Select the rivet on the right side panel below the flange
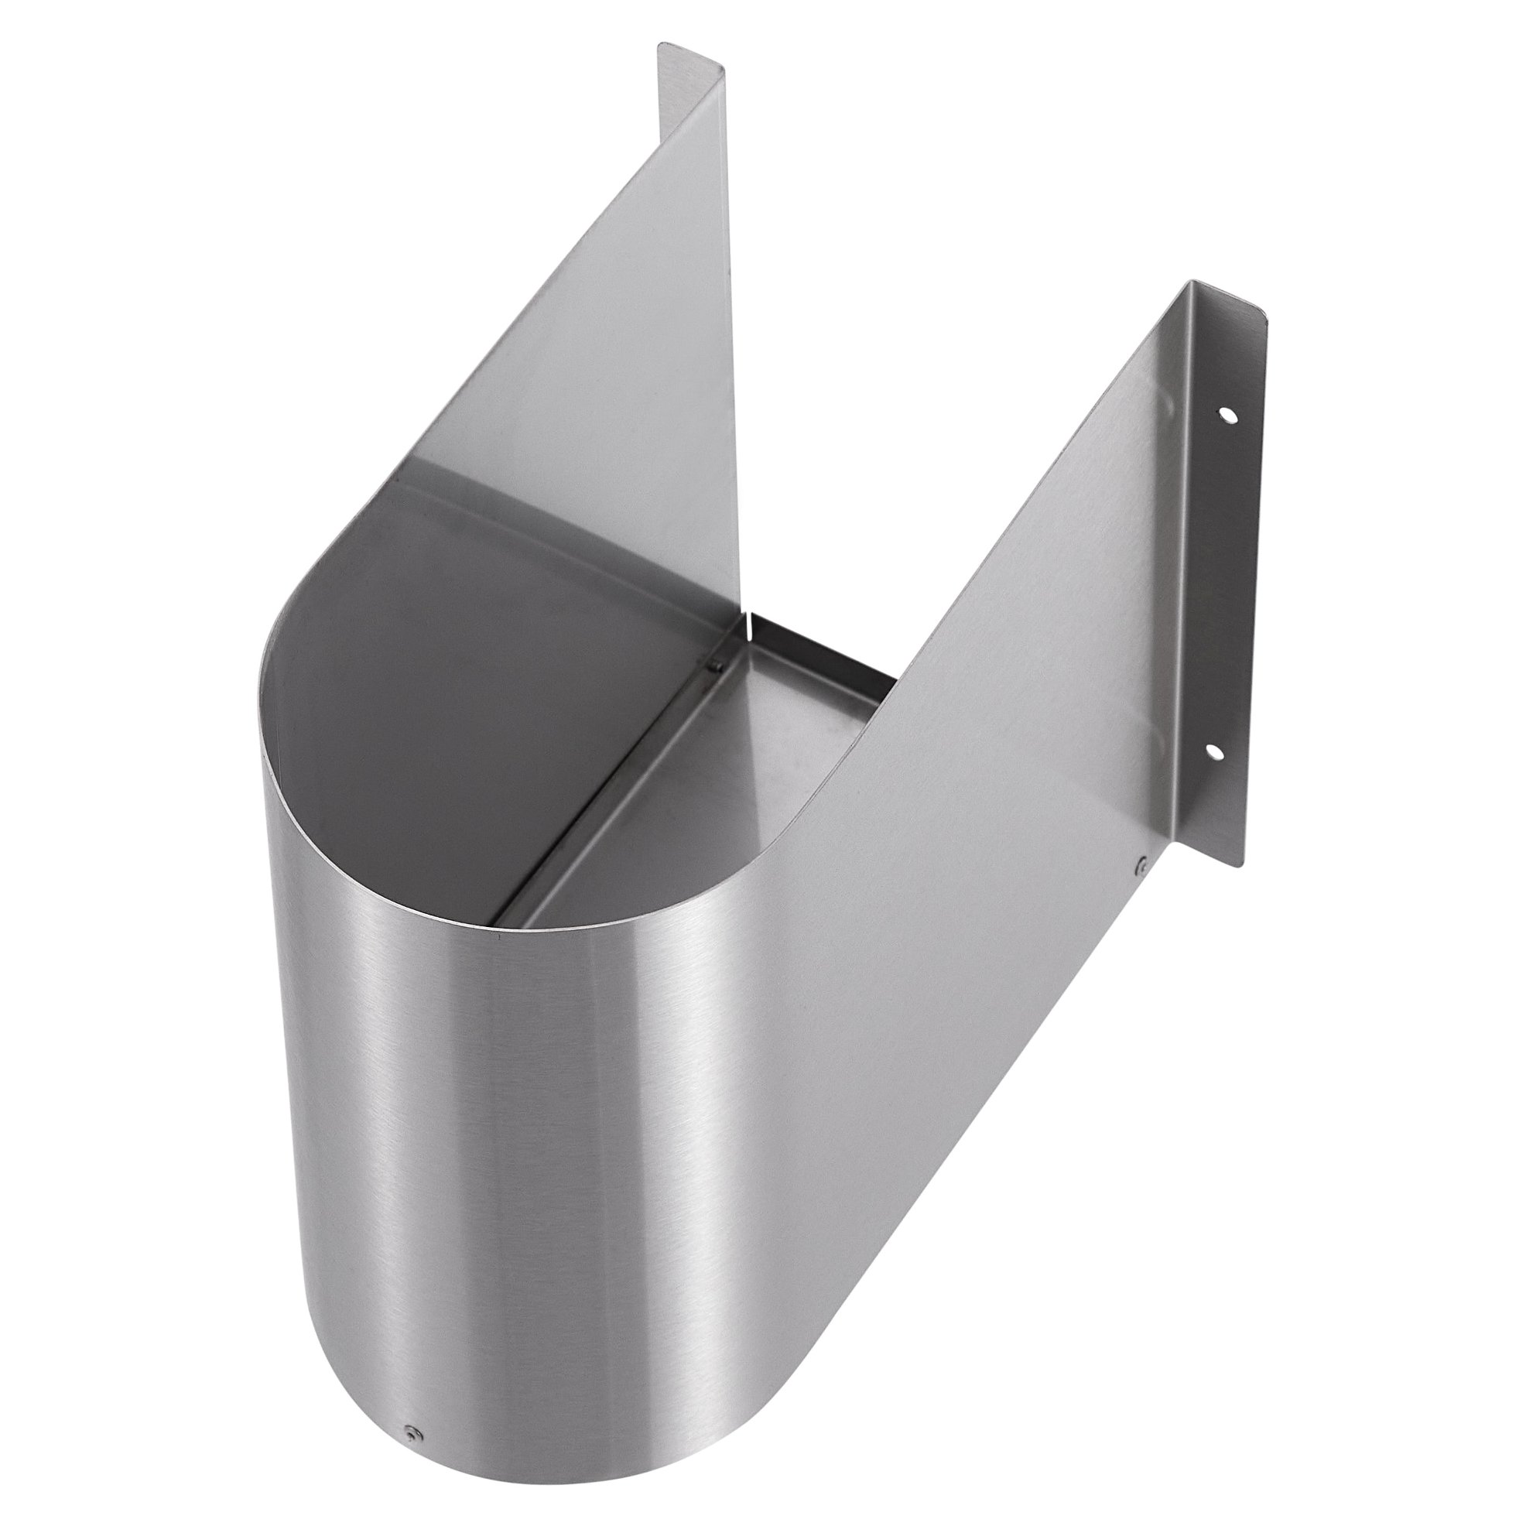coord(1141,867)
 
